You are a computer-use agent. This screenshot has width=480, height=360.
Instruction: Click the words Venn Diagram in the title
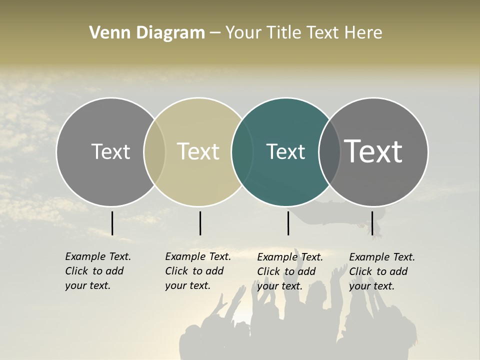tap(147, 33)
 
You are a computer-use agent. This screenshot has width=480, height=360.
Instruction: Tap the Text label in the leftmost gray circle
tap(110, 151)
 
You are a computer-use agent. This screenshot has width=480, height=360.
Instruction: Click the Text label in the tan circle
tap(198, 151)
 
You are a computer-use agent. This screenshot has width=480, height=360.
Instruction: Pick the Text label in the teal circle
tap(285, 151)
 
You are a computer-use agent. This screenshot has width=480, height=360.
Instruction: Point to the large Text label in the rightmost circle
tap(373, 151)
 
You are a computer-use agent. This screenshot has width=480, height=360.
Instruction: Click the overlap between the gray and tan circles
tap(154, 152)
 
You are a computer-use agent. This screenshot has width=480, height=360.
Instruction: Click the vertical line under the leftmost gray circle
tap(112, 223)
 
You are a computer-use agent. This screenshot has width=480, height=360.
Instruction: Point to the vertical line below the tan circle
tap(200, 223)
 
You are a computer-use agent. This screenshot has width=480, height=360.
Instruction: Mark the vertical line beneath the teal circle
tap(288, 223)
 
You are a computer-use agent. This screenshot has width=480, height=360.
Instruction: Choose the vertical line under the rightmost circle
tap(372, 223)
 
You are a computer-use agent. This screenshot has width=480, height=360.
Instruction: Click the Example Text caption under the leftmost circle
tap(97, 271)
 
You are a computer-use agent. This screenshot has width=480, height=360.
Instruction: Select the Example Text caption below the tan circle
tap(197, 271)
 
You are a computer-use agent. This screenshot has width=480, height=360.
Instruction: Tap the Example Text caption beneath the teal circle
tap(289, 271)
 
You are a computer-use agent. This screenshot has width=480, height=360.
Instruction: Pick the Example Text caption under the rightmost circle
tap(381, 271)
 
